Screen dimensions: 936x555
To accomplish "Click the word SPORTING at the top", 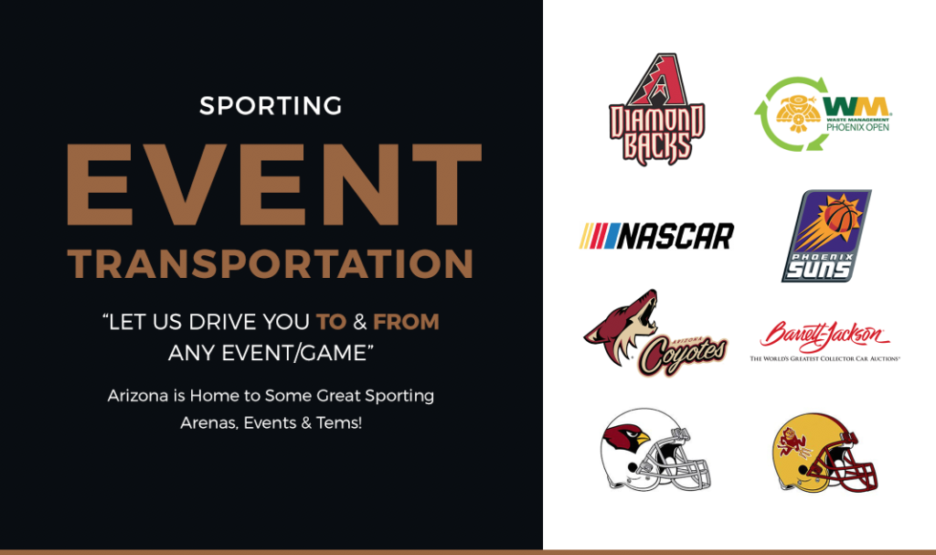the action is (x=271, y=106).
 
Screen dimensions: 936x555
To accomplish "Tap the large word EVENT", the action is (x=274, y=186).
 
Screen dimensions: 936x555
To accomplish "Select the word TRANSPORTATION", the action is (x=271, y=264).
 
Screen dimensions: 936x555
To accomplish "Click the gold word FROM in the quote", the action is (x=406, y=322).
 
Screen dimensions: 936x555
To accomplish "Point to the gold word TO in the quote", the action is (x=331, y=322).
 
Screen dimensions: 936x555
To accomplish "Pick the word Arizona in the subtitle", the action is (x=138, y=396).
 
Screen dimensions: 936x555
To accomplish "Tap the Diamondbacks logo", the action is (x=656, y=109).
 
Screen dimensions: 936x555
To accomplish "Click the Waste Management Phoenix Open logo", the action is (x=824, y=113).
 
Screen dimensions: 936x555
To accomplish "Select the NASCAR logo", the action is (x=656, y=236).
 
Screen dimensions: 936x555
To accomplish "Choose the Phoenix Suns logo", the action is (x=826, y=236).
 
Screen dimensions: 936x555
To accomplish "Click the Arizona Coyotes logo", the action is (x=654, y=333).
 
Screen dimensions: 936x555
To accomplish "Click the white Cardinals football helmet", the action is (x=654, y=450).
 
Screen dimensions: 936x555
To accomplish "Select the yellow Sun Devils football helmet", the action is (x=825, y=453).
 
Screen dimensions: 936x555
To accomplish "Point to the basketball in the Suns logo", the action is (x=839, y=216).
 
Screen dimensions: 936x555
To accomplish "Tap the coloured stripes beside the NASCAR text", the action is (x=600, y=236).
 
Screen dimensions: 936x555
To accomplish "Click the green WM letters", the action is (x=856, y=107).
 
